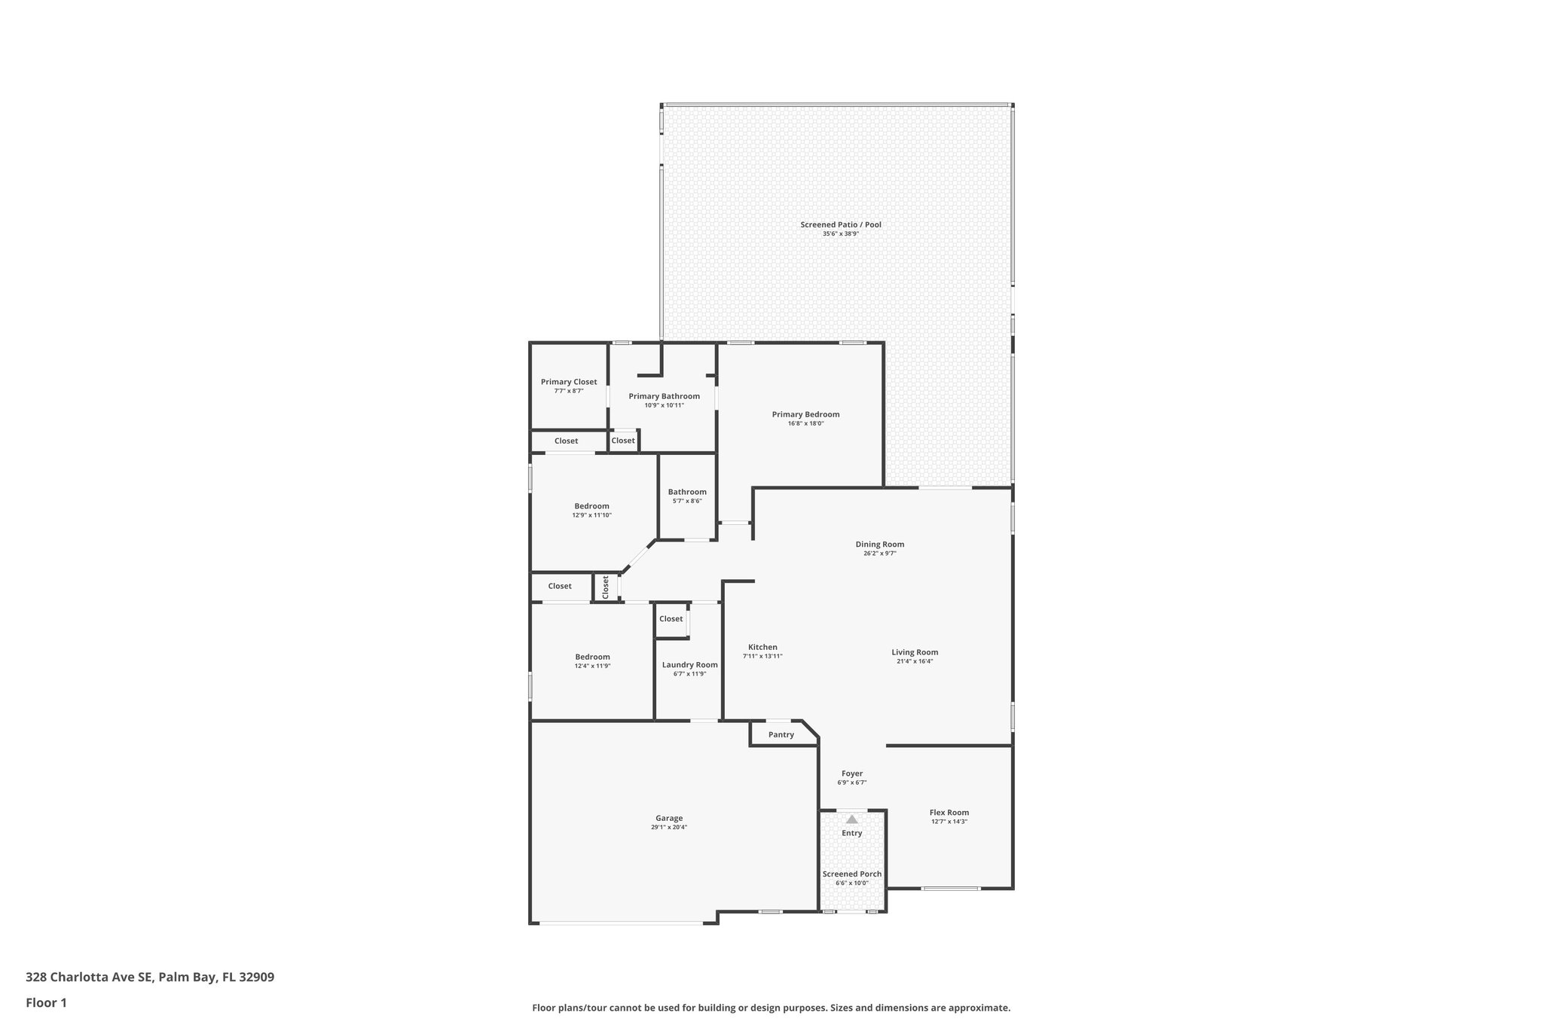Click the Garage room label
click(x=669, y=818)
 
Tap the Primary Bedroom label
click(x=805, y=414)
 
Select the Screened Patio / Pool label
click(x=840, y=224)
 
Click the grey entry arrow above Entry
click(x=851, y=819)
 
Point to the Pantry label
click(x=781, y=734)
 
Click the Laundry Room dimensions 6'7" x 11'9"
click(x=689, y=674)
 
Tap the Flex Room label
click(x=949, y=813)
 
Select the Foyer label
click(x=851, y=773)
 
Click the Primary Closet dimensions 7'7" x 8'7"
click(x=569, y=391)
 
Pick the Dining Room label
click(x=879, y=544)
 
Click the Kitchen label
click(x=762, y=647)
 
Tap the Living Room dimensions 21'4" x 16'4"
click(x=915, y=661)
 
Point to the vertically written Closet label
click(x=605, y=587)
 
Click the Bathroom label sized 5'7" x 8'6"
click(x=687, y=492)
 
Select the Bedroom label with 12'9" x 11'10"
click(x=591, y=506)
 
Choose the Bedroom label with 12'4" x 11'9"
click(x=592, y=657)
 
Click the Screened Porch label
click(x=851, y=874)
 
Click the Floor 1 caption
click(x=46, y=1002)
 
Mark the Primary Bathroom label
click(x=664, y=396)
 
